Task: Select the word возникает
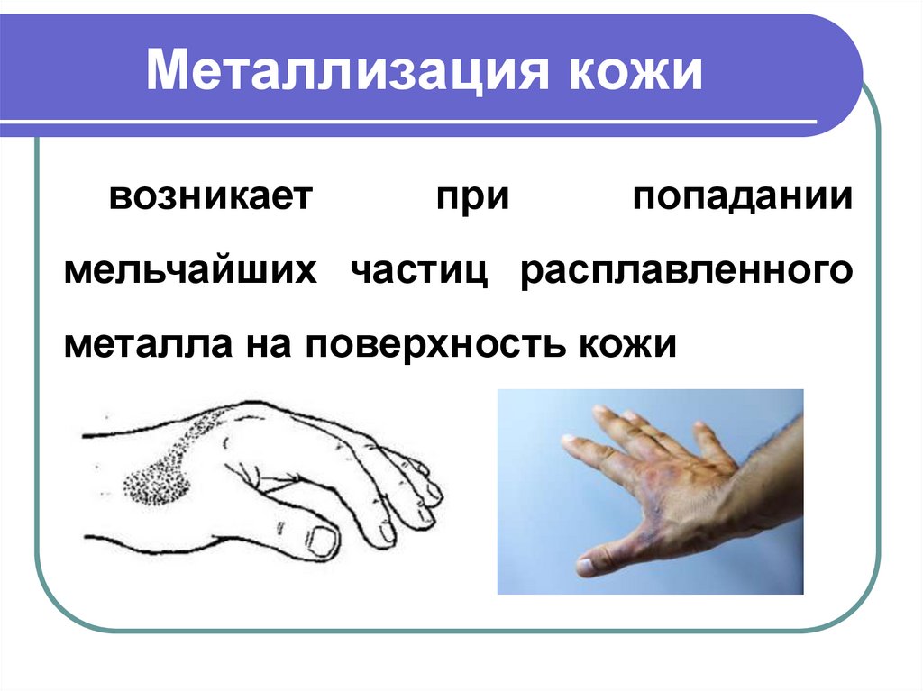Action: (211, 196)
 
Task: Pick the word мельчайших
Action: (190, 271)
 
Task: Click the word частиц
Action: (419, 272)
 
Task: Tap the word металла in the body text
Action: (148, 345)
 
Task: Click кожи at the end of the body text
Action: (628, 345)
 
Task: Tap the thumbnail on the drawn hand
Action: (324, 541)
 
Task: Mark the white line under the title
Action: (408, 122)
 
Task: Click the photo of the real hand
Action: (651, 492)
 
